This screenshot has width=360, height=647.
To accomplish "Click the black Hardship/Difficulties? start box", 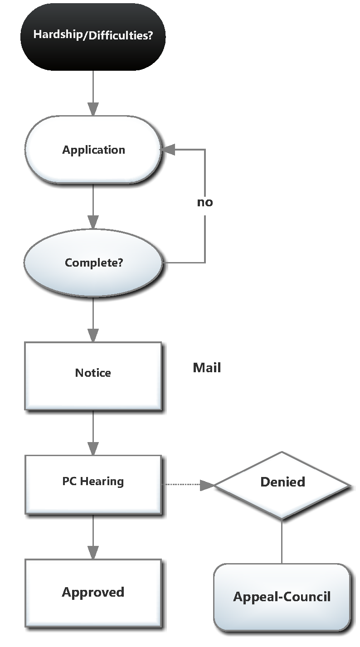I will click(93, 36).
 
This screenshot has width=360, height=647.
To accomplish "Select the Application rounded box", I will click(93, 150).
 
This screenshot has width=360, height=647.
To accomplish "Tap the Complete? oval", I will click(93, 263).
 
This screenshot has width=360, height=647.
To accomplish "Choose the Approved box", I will click(93, 593).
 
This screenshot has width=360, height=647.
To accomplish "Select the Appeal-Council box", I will click(282, 597).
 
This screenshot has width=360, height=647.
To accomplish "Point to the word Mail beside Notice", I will click(207, 368).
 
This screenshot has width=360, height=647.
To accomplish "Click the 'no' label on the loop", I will click(205, 202).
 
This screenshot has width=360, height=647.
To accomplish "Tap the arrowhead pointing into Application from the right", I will click(169, 150).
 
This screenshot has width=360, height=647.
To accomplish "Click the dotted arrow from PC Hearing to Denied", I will click(184, 485).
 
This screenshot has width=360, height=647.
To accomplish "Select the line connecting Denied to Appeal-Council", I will click(282, 541).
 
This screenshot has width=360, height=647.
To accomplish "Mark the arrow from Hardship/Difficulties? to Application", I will click(93, 93).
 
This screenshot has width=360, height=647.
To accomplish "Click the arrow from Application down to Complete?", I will click(93, 206).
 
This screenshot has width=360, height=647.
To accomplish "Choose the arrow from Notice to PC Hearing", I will click(93, 433).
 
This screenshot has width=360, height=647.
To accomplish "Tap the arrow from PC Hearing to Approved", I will click(93, 537).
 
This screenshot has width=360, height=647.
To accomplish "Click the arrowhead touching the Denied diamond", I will click(207, 485).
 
